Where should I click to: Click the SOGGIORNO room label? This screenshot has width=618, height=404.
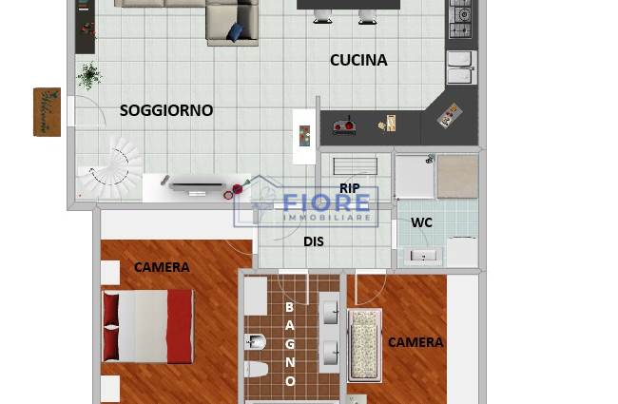pos(166,110)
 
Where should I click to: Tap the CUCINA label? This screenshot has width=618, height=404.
pos(358,60)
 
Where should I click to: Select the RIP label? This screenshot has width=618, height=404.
pos(350,188)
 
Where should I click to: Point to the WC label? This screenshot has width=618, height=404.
pos(421,222)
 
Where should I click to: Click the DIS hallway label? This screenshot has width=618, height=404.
pos(314,241)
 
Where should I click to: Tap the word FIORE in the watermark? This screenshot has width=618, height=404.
pos(326,203)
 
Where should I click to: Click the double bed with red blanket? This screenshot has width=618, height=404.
pos(147,326)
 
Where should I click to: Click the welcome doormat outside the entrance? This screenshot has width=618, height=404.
pos(47,112)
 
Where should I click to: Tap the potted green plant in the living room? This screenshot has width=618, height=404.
pos(89,75)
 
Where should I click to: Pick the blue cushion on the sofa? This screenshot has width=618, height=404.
pos(235,32)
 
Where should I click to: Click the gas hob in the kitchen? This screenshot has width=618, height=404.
pos(461,18)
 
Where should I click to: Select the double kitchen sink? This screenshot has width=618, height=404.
pos(461,67)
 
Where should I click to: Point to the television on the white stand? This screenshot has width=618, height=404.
pos(197,186)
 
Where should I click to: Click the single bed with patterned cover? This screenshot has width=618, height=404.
pos(365,346)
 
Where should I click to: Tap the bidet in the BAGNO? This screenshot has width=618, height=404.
pos(256,342)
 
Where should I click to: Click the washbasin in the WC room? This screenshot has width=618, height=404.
pos(423,256)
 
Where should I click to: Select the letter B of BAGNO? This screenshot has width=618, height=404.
pos(289,307)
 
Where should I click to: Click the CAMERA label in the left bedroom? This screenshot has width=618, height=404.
pos(162,267)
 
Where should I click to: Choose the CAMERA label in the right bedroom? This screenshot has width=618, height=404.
pos(415,342)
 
